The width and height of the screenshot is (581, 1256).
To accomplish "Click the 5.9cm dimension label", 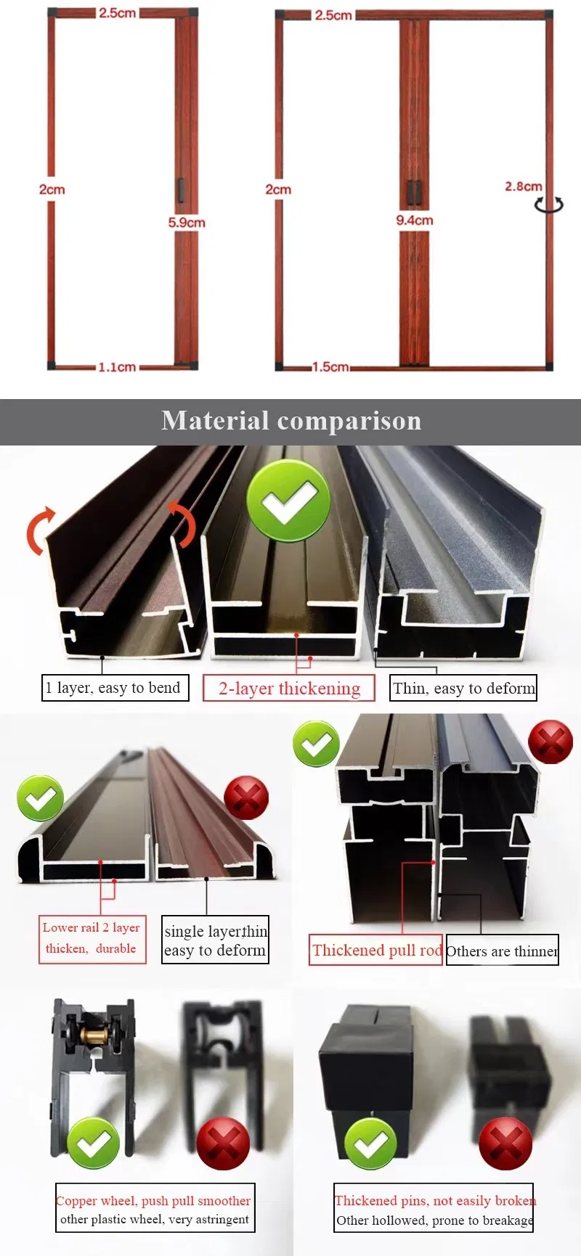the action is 187,223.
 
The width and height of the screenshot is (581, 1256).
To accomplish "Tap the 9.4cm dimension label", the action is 415,220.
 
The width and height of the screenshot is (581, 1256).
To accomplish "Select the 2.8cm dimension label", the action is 524,186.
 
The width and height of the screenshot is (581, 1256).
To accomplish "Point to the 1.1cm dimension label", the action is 117,367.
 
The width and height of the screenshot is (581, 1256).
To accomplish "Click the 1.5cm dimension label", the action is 330,367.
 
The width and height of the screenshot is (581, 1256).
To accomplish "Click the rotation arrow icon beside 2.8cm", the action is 548,205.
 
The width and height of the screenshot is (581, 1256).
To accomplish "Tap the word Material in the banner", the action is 215,421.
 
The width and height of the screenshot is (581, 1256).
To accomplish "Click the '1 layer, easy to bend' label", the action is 115,688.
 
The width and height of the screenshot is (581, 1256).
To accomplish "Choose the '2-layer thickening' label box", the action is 289,689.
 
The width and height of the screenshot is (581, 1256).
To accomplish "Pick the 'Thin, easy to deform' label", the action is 464,688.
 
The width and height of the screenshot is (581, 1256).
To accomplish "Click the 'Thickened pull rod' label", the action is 375,950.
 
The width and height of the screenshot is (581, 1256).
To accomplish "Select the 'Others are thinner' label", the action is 503,951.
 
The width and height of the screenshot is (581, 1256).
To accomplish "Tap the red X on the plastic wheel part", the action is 224,1144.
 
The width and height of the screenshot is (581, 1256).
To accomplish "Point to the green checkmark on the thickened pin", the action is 370,1144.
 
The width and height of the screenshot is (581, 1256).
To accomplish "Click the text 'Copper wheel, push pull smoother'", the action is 153,1201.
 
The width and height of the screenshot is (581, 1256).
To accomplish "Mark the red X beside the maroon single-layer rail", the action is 246,797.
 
